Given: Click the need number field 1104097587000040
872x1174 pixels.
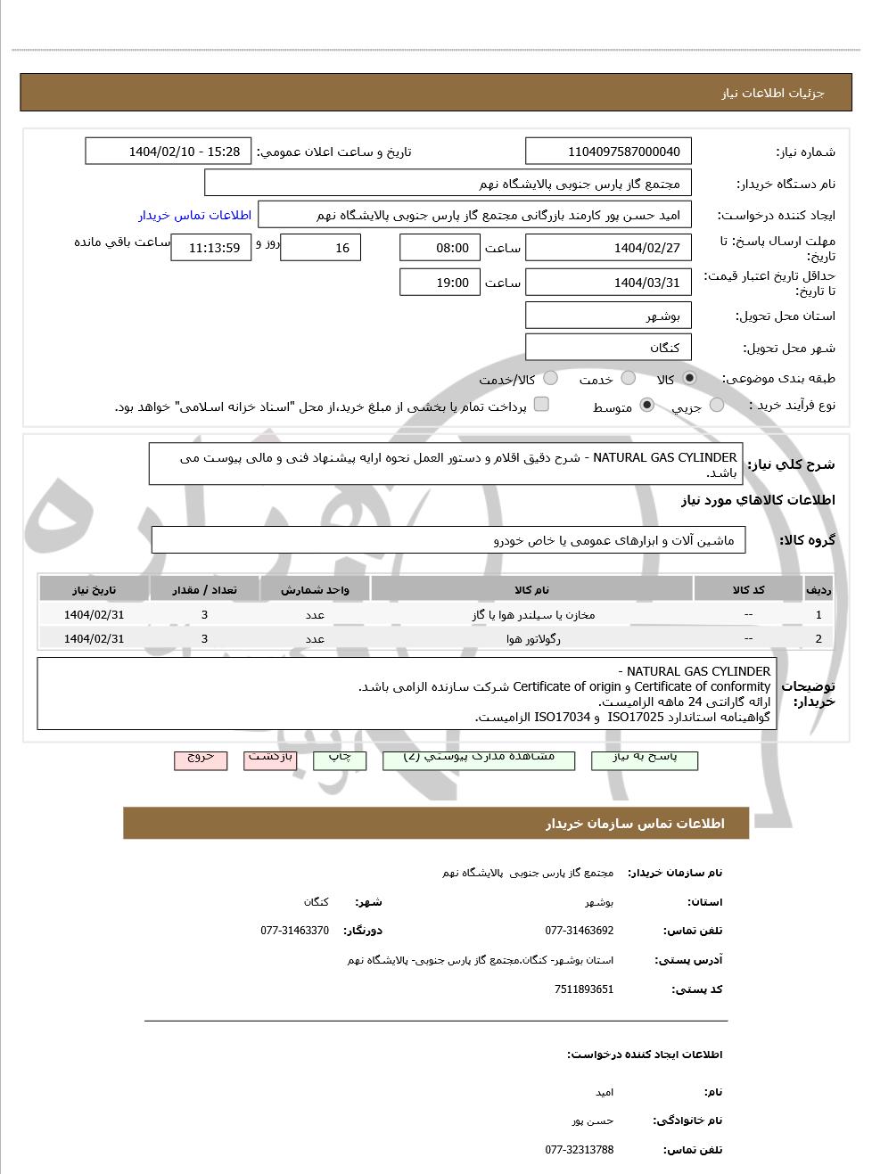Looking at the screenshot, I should point(608,152).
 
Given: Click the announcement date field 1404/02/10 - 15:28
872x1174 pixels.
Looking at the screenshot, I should point(168,152).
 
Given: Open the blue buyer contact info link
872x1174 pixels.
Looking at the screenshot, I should point(194,215).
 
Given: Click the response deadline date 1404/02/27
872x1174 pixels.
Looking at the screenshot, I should point(608,248).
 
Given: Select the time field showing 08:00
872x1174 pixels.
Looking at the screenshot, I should point(439,248).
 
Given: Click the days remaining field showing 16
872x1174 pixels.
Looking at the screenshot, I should point(320,248).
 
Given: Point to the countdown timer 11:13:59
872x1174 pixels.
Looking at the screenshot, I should point(211,248).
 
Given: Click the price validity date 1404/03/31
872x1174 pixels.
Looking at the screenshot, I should point(608,283).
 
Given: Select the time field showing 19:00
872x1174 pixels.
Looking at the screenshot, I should point(439,283).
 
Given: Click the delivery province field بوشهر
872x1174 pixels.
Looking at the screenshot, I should point(608,316).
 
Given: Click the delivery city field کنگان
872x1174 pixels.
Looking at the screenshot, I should point(608,347).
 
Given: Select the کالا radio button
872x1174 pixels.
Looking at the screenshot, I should point(689,378).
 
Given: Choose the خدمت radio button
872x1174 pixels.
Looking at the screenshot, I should point(629,378).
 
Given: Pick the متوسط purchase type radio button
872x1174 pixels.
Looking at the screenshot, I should point(647,406).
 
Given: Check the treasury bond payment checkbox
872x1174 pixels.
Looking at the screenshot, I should point(541,405).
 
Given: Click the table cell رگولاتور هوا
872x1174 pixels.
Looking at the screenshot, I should point(532,638).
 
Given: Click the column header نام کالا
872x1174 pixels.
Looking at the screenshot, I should point(532,590).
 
